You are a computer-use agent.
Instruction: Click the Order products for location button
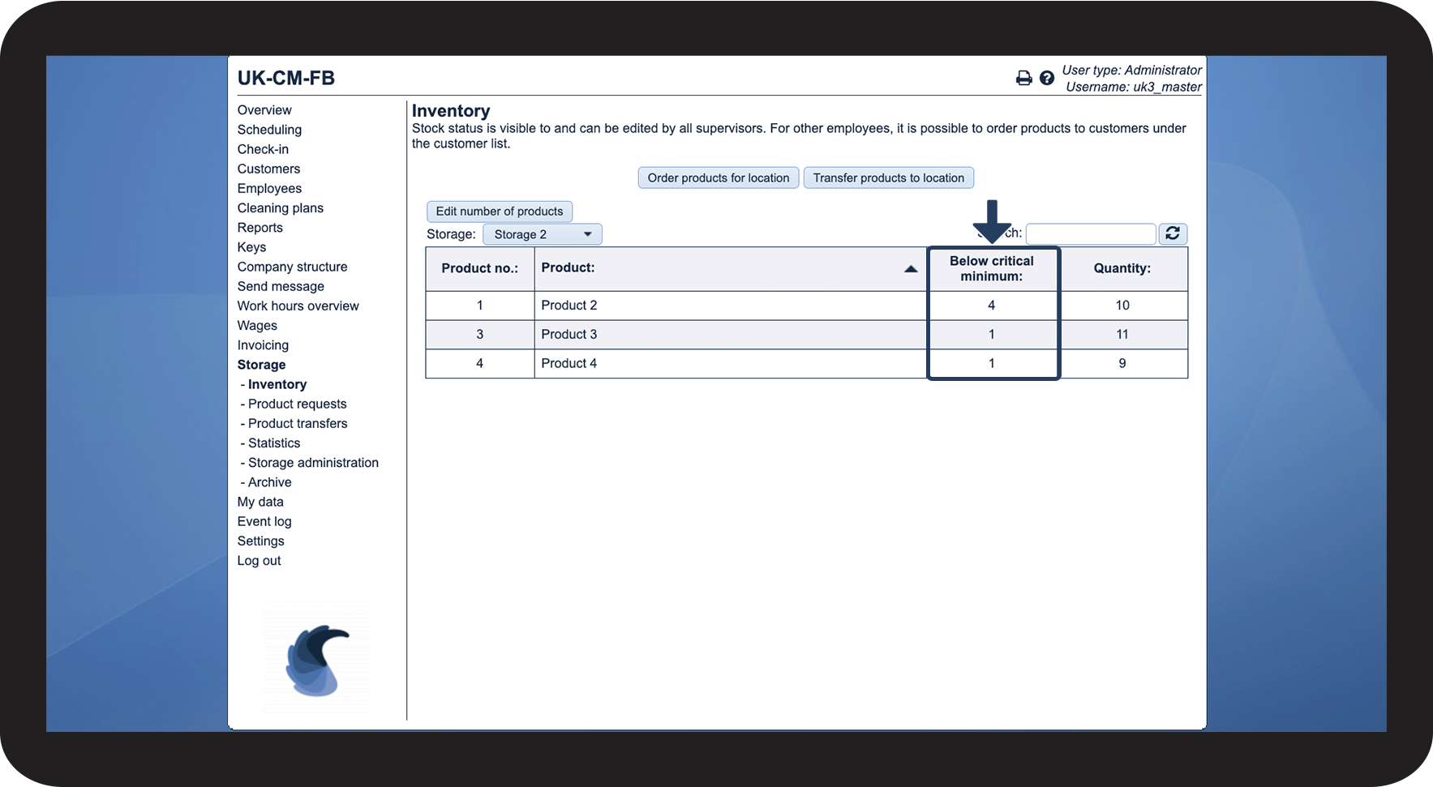point(718,178)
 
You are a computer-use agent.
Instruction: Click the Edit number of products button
point(499,212)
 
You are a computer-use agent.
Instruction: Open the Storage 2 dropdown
point(542,234)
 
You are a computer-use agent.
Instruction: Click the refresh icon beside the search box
point(1172,233)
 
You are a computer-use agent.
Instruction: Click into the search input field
point(1090,234)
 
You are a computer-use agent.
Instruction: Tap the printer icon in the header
point(1023,78)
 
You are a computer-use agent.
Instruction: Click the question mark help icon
point(1047,78)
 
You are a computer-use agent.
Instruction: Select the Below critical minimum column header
point(991,268)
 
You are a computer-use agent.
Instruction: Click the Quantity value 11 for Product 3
point(1122,334)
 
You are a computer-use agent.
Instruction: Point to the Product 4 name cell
point(569,363)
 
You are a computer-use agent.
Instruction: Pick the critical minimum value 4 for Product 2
point(991,306)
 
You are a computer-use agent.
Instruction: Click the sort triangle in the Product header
point(911,269)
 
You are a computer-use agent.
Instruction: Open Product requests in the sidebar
point(297,404)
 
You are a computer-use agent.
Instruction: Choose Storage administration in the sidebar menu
point(313,463)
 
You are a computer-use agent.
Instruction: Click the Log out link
point(259,561)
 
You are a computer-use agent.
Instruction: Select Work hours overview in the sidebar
point(298,306)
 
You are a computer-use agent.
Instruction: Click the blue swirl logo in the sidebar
point(316,661)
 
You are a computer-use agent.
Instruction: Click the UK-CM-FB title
point(285,79)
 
